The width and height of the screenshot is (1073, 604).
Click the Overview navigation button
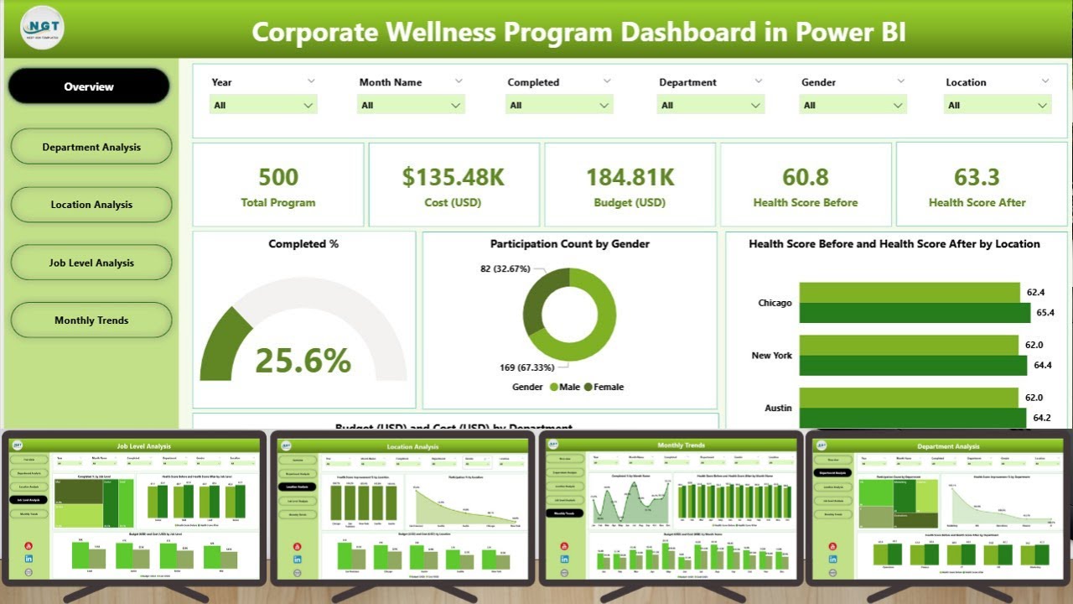tap(89, 86)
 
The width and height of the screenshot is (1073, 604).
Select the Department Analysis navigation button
tap(91, 147)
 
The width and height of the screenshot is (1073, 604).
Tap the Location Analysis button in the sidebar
tap(91, 205)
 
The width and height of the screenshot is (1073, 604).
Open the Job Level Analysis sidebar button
tap(91, 263)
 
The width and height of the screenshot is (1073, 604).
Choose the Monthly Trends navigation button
tap(91, 320)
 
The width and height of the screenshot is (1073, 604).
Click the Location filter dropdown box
tap(996, 105)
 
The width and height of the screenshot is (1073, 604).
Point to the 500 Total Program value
tap(278, 177)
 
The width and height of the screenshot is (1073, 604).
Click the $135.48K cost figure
tap(453, 177)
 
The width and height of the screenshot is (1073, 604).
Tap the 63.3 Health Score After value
tap(977, 177)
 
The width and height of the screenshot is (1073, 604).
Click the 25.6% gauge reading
tap(303, 361)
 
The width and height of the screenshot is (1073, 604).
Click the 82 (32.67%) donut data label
tap(504, 268)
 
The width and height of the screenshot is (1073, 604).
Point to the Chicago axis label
tap(775, 303)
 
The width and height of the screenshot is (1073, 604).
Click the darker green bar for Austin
tap(912, 418)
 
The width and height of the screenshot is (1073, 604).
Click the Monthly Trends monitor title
tap(681, 445)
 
